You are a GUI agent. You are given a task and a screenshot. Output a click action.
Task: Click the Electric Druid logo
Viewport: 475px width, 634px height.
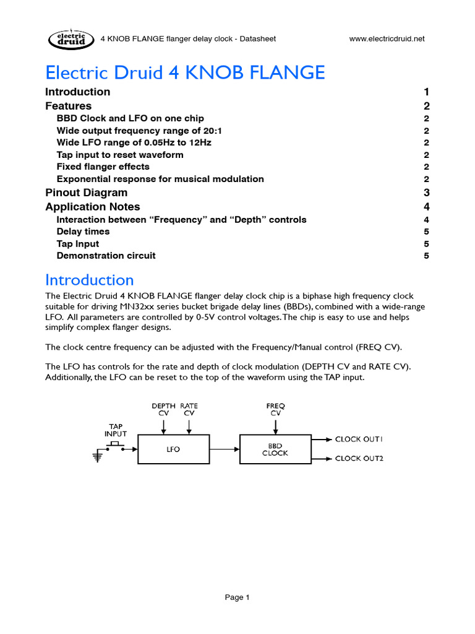pos(69,39)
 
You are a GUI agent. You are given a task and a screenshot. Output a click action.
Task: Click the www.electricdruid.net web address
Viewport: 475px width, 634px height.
pos(387,39)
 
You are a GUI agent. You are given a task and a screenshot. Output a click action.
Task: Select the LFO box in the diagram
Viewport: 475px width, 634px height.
pos(173,449)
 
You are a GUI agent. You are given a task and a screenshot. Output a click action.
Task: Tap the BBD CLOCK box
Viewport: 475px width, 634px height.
pos(275,449)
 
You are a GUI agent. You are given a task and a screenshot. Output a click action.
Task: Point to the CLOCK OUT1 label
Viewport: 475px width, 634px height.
pos(359,439)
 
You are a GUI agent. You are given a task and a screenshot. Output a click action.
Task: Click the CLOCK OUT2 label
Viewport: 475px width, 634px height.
pos(359,459)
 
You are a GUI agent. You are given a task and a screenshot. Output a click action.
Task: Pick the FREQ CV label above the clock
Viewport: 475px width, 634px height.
pos(275,409)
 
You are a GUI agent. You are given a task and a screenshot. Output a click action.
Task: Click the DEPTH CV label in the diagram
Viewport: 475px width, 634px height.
pos(163,409)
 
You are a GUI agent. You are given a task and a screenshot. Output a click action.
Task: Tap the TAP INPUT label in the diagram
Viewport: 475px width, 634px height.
pos(116,430)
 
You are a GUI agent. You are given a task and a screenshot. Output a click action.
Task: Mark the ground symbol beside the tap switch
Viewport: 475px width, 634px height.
pos(97,457)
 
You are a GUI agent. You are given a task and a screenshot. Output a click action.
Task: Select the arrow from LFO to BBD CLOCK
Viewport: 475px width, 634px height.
pos(223,449)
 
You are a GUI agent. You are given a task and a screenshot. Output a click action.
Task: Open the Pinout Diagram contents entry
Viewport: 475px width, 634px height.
pos(86,193)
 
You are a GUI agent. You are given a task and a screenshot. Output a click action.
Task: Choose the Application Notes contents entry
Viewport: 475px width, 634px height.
pos(93,207)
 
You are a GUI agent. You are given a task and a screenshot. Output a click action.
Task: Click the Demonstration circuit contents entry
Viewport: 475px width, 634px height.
pos(106,256)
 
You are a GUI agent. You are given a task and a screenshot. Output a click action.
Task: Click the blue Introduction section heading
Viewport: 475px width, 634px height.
pos(90,280)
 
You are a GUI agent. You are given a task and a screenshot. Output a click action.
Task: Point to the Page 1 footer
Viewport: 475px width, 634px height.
pos(237,597)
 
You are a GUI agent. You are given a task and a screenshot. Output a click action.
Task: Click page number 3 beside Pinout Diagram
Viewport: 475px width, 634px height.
pos(426,193)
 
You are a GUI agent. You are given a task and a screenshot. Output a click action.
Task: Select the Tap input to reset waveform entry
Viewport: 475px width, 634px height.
pos(119,155)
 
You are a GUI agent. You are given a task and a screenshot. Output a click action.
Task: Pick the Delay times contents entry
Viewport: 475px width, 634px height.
pos(83,232)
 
